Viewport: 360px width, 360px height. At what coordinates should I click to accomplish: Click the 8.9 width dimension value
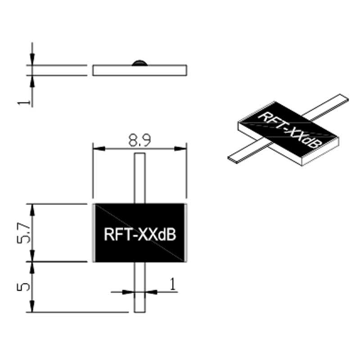pos(139,141)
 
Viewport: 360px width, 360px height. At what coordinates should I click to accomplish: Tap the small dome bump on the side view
pos(139,62)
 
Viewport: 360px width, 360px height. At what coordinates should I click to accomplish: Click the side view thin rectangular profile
pos(139,70)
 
